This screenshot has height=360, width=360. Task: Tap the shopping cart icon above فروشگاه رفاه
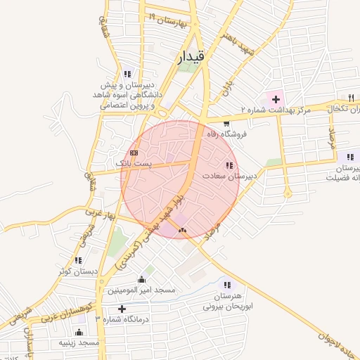click(x=226, y=124)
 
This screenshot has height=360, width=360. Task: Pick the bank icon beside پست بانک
click(x=134, y=153)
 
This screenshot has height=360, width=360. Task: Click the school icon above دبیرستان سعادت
click(x=229, y=165)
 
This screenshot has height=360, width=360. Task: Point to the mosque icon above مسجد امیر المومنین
click(x=141, y=279)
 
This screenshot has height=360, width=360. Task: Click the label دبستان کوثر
click(x=75, y=271)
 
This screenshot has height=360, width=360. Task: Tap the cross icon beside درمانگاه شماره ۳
click(x=122, y=309)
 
